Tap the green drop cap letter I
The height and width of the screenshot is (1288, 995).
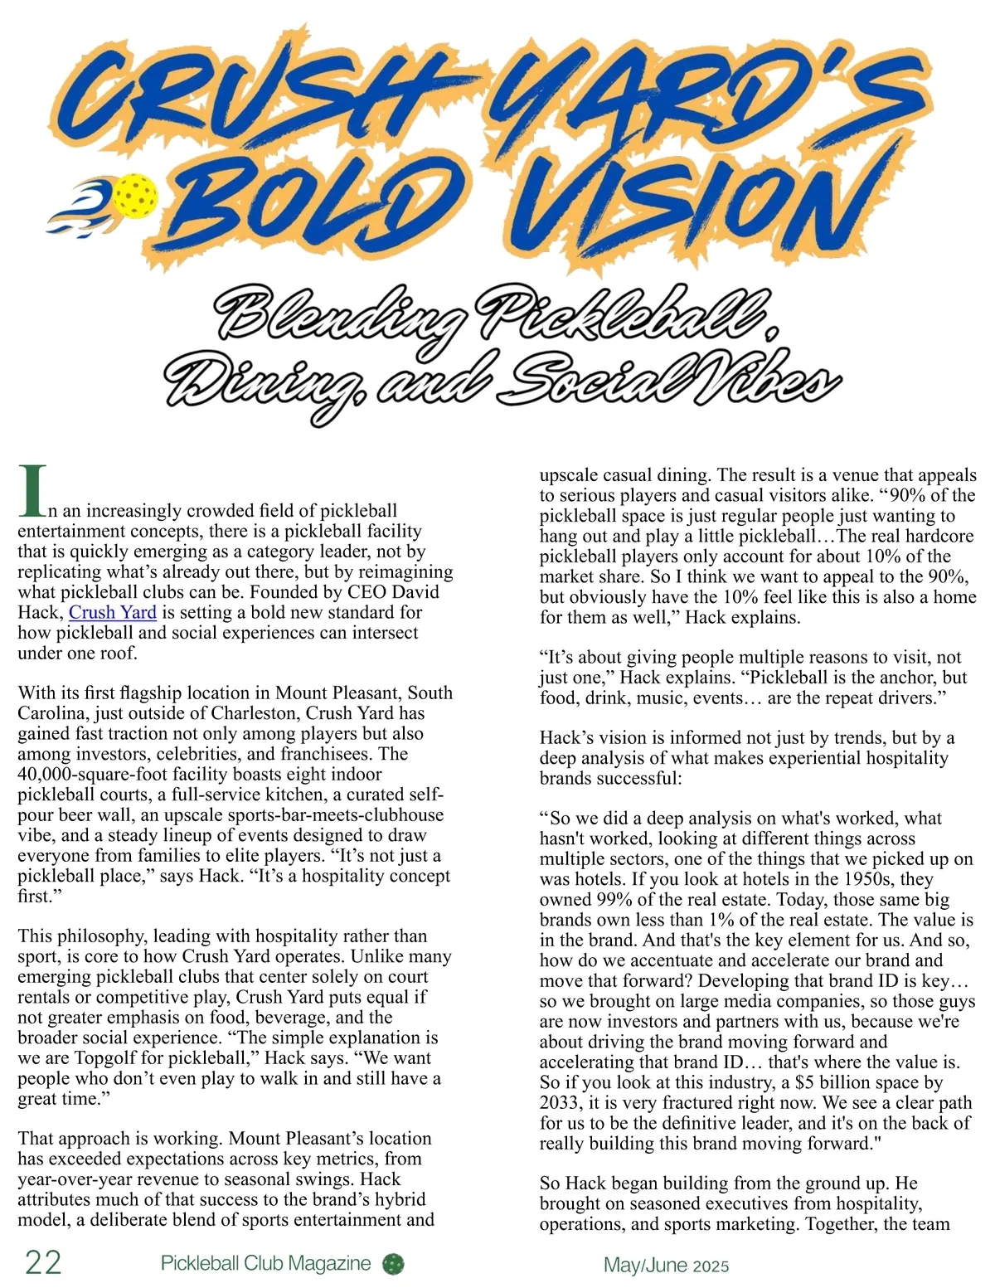tap(33, 491)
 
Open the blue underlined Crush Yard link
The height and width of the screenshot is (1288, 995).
tap(113, 613)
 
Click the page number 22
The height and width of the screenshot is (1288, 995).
tap(43, 1262)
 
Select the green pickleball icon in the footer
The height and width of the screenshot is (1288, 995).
tap(393, 1264)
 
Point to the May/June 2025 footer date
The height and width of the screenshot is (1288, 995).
tap(667, 1265)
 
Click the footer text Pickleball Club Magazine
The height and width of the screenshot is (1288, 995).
tap(265, 1263)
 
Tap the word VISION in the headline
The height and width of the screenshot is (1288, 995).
tap(705, 199)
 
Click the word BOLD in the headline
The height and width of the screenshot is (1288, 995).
tap(315, 203)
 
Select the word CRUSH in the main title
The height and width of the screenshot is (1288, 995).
tap(257, 91)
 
